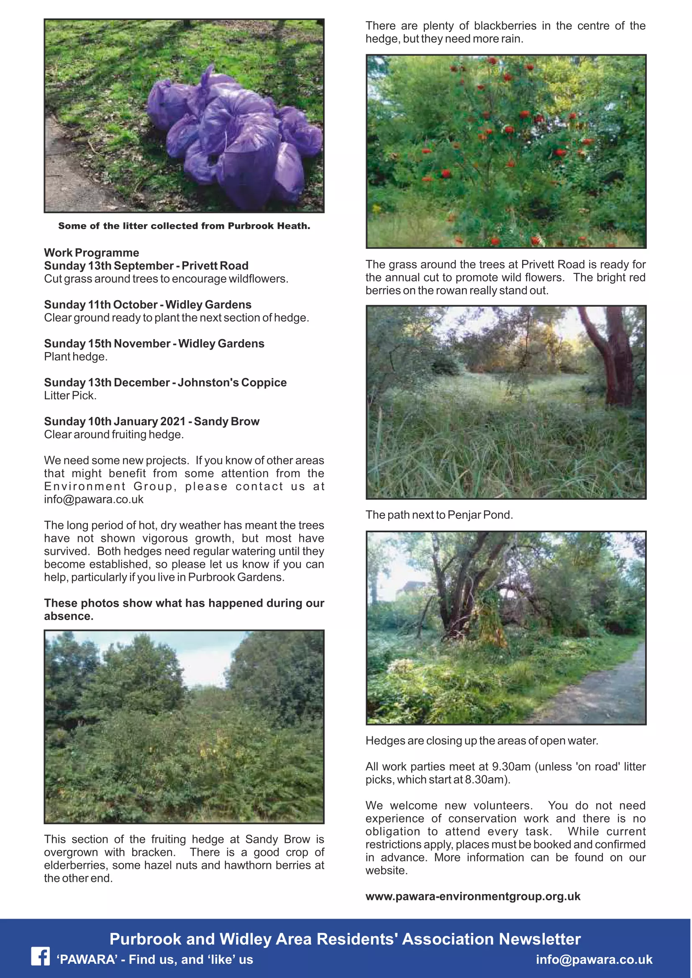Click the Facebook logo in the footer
[x=41, y=956]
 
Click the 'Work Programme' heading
[x=92, y=253]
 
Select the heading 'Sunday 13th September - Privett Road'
[x=146, y=266]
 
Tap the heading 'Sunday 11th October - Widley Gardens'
[x=147, y=304]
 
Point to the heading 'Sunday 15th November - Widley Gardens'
[x=154, y=343]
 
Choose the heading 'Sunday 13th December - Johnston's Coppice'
[x=165, y=383]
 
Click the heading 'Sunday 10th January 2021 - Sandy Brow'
[x=152, y=421]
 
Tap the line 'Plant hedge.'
[x=75, y=357]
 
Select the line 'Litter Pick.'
[x=70, y=396]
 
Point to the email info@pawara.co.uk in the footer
[x=594, y=959]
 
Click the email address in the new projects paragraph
[x=94, y=499]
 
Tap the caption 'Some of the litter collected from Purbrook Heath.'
[x=184, y=226]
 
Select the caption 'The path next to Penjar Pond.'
[x=439, y=515]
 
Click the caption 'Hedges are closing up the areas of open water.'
[x=482, y=741]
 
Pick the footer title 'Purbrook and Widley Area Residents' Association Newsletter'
[x=345, y=939]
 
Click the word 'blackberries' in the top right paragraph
[x=505, y=26]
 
